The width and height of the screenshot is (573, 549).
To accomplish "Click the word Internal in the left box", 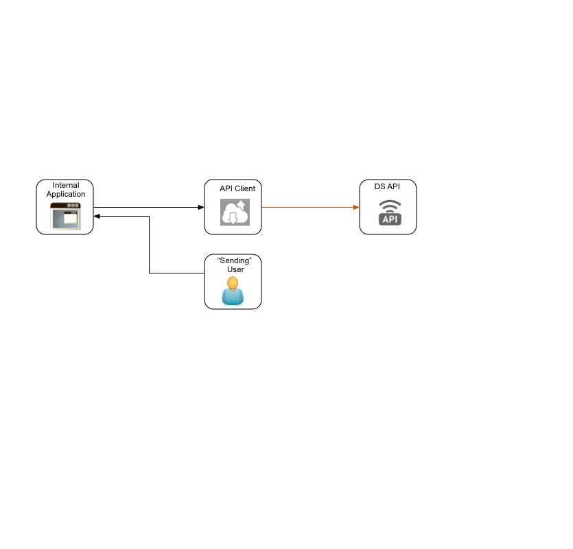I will (x=66, y=185).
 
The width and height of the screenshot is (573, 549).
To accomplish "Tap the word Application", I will (x=66, y=194).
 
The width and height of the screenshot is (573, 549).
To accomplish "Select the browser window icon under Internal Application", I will (x=65, y=216).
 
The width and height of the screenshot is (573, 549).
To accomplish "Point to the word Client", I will (x=245, y=188).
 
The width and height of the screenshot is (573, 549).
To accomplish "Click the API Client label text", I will (x=237, y=188).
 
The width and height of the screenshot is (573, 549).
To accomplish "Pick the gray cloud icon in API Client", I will (x=234, y=212).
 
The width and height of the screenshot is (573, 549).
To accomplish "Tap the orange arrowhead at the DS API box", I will (x=356, y=206).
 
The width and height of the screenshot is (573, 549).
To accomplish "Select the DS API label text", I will (x=386, y=186).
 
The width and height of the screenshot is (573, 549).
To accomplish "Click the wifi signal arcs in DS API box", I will (x=390, y=206).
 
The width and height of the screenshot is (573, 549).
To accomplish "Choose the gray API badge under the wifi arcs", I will (x=390, y=219).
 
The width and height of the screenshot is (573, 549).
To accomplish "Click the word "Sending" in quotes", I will (x=235, y=260).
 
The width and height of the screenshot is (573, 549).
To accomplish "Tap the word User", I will (x=235, y=269).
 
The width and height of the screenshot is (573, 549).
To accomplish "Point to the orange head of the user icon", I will (x=233, y=282).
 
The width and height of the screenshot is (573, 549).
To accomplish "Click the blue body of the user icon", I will (x=233, y=297).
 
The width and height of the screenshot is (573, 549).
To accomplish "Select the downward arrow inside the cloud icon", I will (x=233, y=218).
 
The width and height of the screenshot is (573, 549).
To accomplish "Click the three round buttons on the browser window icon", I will (x=73, y=206).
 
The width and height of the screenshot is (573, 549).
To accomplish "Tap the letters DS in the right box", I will (x=379, y=186).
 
